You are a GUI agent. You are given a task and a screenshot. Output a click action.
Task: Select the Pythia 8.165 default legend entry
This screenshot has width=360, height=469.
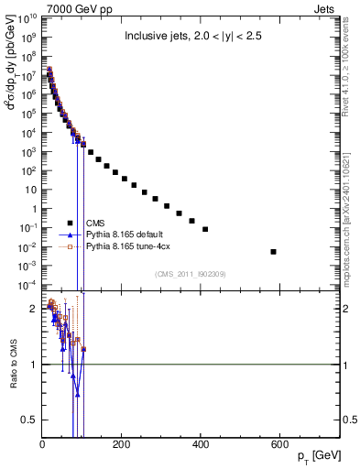(128, 234)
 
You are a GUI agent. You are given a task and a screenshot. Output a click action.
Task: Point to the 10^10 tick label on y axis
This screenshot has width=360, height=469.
(27, 17)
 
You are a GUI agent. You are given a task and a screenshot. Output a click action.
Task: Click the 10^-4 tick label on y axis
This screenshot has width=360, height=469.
(27, 285)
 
